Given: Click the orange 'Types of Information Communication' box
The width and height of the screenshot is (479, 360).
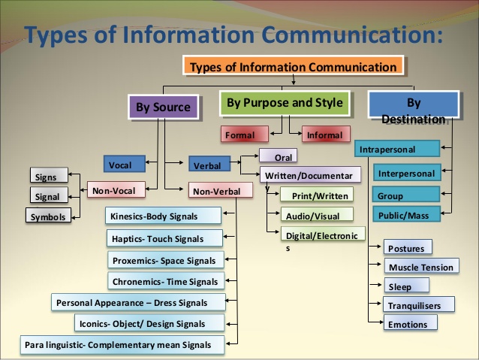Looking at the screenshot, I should click(293, 67).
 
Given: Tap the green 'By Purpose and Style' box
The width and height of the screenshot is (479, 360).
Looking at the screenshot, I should click(285, 103).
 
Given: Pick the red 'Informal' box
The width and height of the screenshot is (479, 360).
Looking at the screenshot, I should click(324, 135).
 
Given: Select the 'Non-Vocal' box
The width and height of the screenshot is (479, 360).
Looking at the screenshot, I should click(113, 191).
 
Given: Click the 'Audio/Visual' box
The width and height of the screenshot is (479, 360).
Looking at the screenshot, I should click(316, 216).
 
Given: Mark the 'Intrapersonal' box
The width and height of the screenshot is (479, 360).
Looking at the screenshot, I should click(396, 150).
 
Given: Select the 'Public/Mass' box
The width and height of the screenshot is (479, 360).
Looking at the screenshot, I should click(406, 214).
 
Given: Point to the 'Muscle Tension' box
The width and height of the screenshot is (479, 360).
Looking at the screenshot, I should click(420, 267).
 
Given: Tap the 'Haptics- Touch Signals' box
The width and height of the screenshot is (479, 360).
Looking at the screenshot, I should click(165, 238).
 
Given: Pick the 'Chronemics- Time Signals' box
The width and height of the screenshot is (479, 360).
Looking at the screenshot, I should click(165, 282).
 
